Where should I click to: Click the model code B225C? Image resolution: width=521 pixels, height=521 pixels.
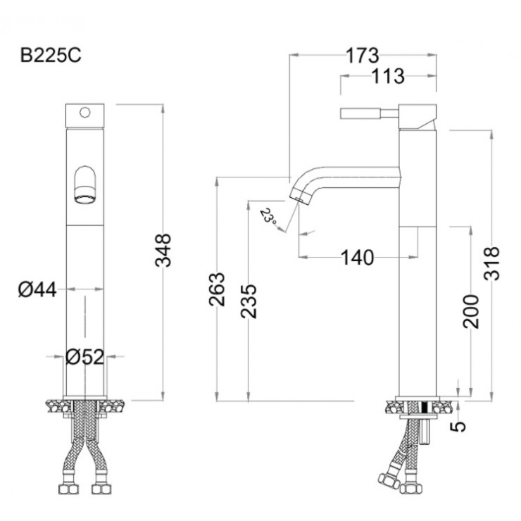pos(51,56)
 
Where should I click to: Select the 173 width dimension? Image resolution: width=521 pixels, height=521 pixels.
pos(362,56)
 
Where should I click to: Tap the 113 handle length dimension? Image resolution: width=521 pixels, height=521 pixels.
pos(388,77)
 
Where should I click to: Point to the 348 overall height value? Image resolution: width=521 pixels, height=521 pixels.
pos(163,250)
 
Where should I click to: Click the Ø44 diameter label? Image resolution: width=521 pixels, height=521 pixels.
pos(37,290)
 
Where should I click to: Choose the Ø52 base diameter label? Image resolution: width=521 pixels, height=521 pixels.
pos(85,357)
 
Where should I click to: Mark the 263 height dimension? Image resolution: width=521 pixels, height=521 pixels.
pos(217,289)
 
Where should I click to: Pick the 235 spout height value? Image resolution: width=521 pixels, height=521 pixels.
pos(249,301)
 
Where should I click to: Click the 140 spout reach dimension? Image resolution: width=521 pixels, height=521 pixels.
pos(358,258)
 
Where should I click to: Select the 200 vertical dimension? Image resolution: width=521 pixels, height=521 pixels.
pos(471,311)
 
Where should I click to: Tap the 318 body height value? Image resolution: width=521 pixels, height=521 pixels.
pos(491,263)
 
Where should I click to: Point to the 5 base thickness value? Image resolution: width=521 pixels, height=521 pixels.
pos(458,426)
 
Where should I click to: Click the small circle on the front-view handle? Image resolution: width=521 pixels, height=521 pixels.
pos(84,113)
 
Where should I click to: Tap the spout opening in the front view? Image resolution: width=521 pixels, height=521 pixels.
pos(85,199)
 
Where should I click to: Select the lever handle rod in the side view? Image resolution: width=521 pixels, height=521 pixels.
pos(369,113)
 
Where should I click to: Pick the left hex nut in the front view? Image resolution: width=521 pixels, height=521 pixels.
pos(69,489)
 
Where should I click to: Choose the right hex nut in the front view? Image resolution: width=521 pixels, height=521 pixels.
pos(101,489)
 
